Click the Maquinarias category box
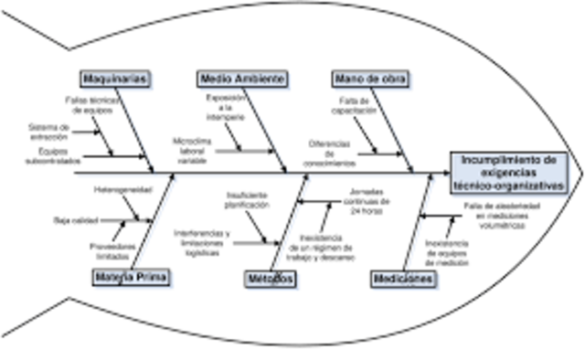pos(113,77)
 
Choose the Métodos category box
pos(270,279)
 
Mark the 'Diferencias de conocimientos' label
pos(335,151)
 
